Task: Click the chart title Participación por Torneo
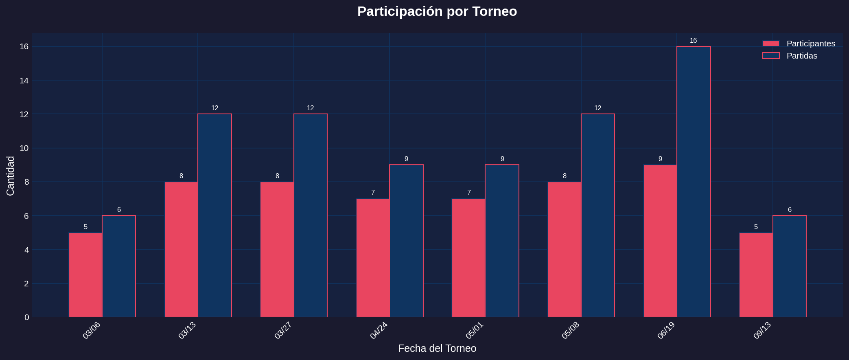click(437, 11)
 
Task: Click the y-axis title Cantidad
click(11, 176)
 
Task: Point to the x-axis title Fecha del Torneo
click(437, 349)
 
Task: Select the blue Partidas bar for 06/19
click(694, 182)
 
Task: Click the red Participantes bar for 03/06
click(85, 275)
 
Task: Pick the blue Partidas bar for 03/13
click(214, 216)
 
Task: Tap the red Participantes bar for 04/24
click(373, 258)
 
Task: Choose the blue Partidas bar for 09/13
click(789, 266)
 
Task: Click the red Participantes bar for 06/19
click(660, 241)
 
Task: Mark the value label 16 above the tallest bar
click(693, 41)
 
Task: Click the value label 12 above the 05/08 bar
click(597, 108)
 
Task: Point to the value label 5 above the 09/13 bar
click(756, 227)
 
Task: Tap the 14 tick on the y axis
click(24, 81)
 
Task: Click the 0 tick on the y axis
click(26, 317)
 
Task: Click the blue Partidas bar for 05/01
click(502, 241)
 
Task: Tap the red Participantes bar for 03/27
click(277, 249)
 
